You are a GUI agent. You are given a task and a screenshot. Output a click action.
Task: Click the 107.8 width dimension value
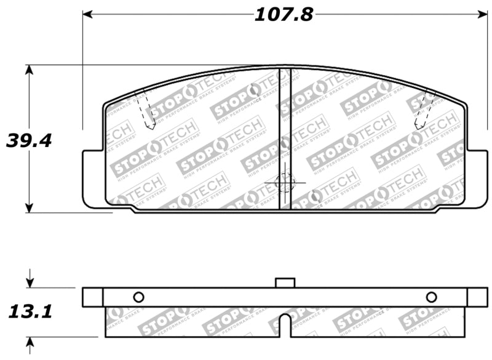[x=284, y=14]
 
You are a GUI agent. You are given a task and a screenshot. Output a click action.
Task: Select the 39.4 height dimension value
[x=29, y=140]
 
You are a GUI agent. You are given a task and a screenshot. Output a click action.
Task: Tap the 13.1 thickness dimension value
[x=29, y=312]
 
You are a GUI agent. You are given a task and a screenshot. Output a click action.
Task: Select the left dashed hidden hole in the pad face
[x=145, y=110]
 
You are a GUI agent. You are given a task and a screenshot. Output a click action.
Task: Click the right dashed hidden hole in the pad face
[x=424, y=110]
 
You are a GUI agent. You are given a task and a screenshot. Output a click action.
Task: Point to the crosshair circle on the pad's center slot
[x=284, y=182]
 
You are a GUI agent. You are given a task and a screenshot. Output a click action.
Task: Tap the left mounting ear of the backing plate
[x=92, y=177]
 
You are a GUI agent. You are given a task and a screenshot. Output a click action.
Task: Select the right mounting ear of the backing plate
[x=477, y=177]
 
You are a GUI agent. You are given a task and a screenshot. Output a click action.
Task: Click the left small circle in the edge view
[x=138, y=297]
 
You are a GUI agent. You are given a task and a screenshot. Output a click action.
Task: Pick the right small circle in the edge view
[x=431, y=297]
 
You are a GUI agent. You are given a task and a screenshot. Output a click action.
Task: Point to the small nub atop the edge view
[x=285, y=282]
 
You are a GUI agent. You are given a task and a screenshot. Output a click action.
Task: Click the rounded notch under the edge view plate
[x=285, y=324]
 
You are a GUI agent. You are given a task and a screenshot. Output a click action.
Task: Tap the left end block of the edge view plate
[x=92, y=297]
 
